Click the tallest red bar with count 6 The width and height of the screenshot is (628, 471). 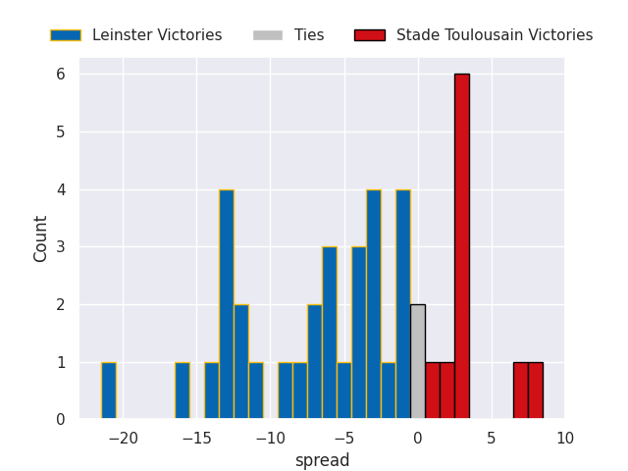point(462,246)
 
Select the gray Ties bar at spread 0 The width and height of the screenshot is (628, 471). point(418,361)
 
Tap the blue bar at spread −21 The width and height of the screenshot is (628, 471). point(109,391)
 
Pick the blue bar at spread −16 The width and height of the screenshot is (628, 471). point(183,391)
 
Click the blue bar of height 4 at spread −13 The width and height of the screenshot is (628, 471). point(227,304)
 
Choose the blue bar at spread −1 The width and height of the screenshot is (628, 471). point(403,304)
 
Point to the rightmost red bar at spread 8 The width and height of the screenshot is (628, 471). point(536,391)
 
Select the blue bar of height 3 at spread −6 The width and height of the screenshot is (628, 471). point(330,333)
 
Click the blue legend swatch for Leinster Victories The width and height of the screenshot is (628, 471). point(66,35)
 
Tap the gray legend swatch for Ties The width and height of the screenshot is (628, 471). point(268,35)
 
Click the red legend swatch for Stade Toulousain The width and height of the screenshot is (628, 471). point(370,35)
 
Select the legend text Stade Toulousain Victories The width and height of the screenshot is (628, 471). point(495,35)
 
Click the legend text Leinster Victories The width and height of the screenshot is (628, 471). point(157,35)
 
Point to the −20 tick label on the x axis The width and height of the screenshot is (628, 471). point(124,439)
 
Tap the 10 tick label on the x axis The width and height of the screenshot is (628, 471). point(565,439)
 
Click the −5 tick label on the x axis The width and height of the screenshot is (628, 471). point(344,439)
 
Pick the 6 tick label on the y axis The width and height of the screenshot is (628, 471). point(61,75)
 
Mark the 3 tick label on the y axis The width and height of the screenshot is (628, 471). point(61,246)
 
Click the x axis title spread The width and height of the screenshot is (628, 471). point(323,460)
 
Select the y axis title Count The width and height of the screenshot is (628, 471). point(40,239)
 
